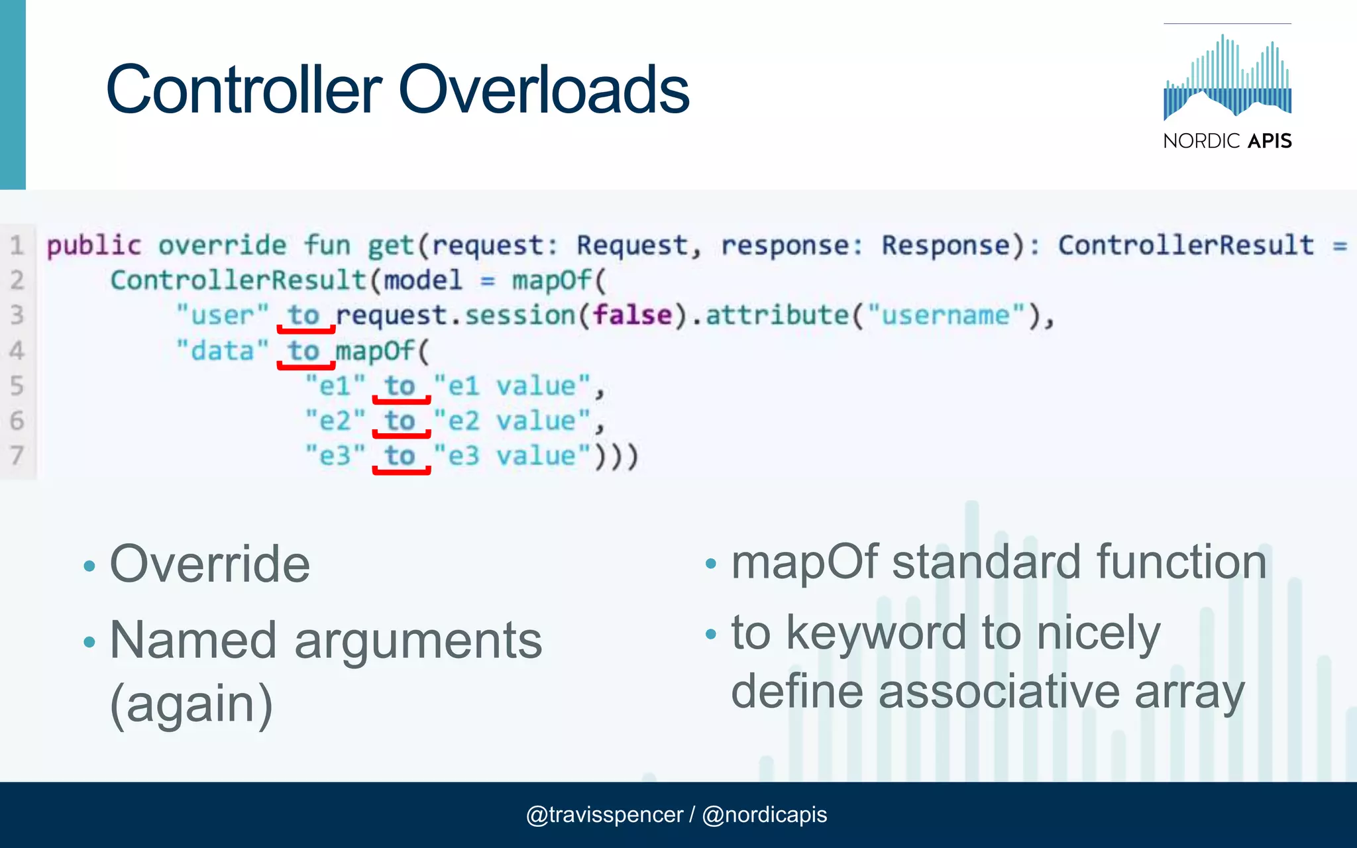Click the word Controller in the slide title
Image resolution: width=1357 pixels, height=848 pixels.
pos(244,89)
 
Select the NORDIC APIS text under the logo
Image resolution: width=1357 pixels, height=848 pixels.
pos(1227,141)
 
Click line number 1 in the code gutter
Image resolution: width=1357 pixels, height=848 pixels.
pos(17,246)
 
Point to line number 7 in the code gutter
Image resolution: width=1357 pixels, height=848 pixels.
pos(17,456)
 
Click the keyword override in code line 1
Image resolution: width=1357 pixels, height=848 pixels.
pos(222,246)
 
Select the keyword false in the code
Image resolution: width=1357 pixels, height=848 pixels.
pos(632,315)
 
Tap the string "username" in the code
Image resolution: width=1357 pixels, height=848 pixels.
pos(946,315)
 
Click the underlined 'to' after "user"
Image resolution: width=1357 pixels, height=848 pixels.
pos(304,315)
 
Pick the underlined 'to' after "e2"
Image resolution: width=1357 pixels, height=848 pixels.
pos(400,421)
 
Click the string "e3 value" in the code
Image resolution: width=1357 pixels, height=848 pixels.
pos(512,456)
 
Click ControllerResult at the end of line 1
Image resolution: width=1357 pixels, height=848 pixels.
pos(1185,246)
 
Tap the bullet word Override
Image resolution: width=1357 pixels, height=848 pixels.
pos(209,564)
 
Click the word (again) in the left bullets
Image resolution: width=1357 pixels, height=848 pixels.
pos(191,704)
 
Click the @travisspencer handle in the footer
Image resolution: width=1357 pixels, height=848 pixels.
pos(604,815)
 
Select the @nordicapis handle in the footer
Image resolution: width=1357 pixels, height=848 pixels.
pos(764,815)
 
